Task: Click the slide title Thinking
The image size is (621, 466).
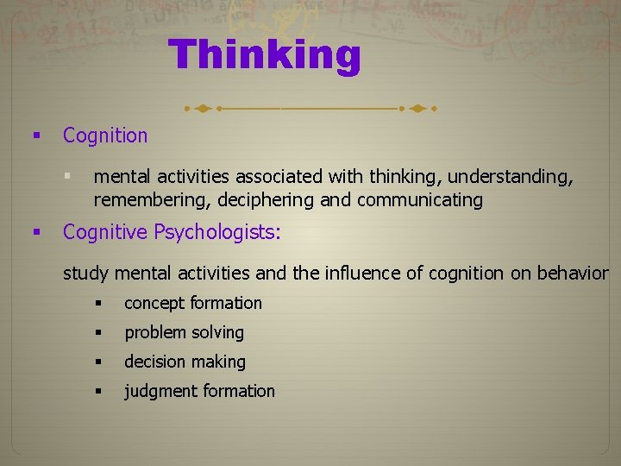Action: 265,55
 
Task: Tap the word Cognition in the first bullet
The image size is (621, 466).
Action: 105,135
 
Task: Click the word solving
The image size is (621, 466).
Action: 217,332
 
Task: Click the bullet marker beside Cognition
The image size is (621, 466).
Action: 36,135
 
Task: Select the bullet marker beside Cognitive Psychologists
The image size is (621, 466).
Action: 36,232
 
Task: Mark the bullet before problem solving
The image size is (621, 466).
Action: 100,332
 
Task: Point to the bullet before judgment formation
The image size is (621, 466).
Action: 100,391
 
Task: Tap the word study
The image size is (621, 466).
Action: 86,274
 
